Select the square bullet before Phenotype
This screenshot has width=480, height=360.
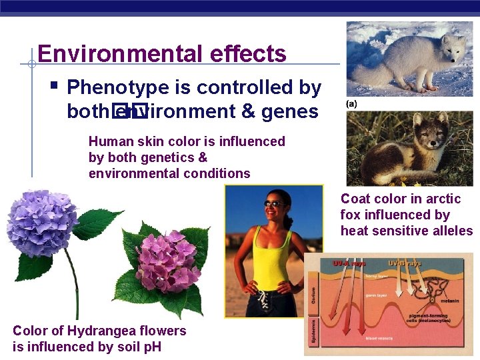[x=53, y=85]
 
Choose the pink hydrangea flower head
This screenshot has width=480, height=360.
[x=166, y=261]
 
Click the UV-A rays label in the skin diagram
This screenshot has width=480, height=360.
[x=349, y=263]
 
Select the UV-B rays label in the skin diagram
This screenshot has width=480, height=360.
[x=405, y=263]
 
